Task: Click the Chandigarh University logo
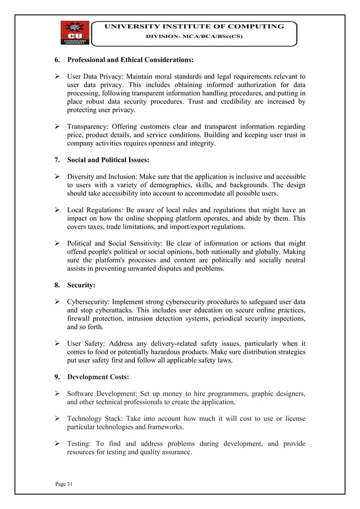click(x=72, y=33)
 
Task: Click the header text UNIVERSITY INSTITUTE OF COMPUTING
click(x=192, y=27)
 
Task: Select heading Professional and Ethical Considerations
click(x=130, y=59)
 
